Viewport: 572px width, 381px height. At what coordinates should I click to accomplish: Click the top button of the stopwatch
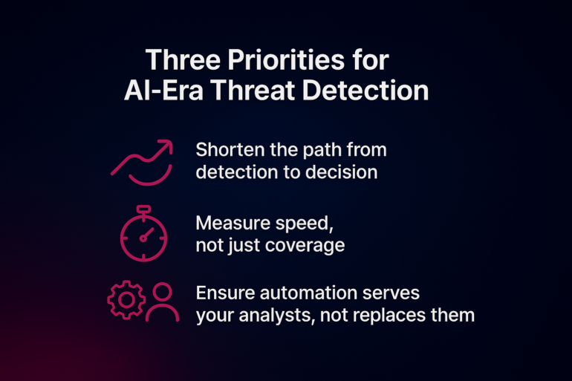(143, 209)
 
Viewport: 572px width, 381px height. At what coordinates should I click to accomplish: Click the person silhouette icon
(163, 302)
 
